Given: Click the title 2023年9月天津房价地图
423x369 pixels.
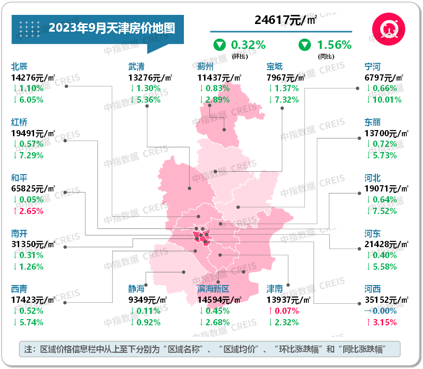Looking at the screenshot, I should pos(111,28).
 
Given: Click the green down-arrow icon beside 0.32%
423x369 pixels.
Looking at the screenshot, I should pos(220,45).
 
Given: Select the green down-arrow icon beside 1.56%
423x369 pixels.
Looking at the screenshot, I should pos(304,45).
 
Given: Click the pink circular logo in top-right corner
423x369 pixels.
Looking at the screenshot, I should pos(387,29).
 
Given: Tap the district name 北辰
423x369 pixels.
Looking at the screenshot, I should pos(20,66).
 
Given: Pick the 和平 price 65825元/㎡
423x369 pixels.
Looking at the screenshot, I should pos(33,188).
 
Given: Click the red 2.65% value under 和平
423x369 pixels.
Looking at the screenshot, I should pos(30,211).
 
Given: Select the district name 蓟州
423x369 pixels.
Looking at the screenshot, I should pos(206,66).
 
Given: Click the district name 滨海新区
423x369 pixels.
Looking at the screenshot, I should pos(214,289).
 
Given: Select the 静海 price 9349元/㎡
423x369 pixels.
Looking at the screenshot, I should pos(147,299).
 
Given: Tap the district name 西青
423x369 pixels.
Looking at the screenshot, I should pos(20,289).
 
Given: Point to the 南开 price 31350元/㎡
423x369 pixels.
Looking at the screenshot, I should pos(33,244).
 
